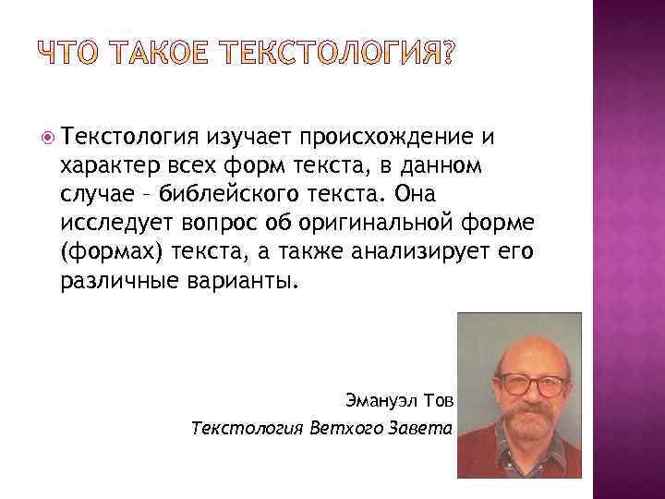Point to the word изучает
[x=248, y=138]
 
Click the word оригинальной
[x=357, y=222]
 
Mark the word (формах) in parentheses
[x=101, y=250]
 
